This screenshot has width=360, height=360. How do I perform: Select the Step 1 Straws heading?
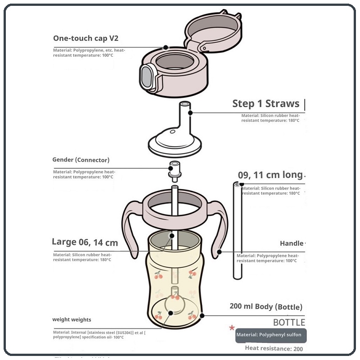coord(265,103)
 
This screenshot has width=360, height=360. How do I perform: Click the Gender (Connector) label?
coord(81,160)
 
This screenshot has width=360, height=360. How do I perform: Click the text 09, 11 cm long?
coord(270,175)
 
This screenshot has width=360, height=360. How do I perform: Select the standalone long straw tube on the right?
coord(237,229)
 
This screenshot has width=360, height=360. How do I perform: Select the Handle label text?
coord(292,243)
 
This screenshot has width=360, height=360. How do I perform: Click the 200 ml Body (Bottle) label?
coord(266,307)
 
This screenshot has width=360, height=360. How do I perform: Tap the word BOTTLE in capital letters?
coord(289,323)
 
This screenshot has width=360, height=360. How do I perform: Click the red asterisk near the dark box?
coord(232,328)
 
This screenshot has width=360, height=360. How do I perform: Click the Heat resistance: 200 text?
coord(274,348)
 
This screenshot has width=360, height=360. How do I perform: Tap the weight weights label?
coord(72,319)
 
